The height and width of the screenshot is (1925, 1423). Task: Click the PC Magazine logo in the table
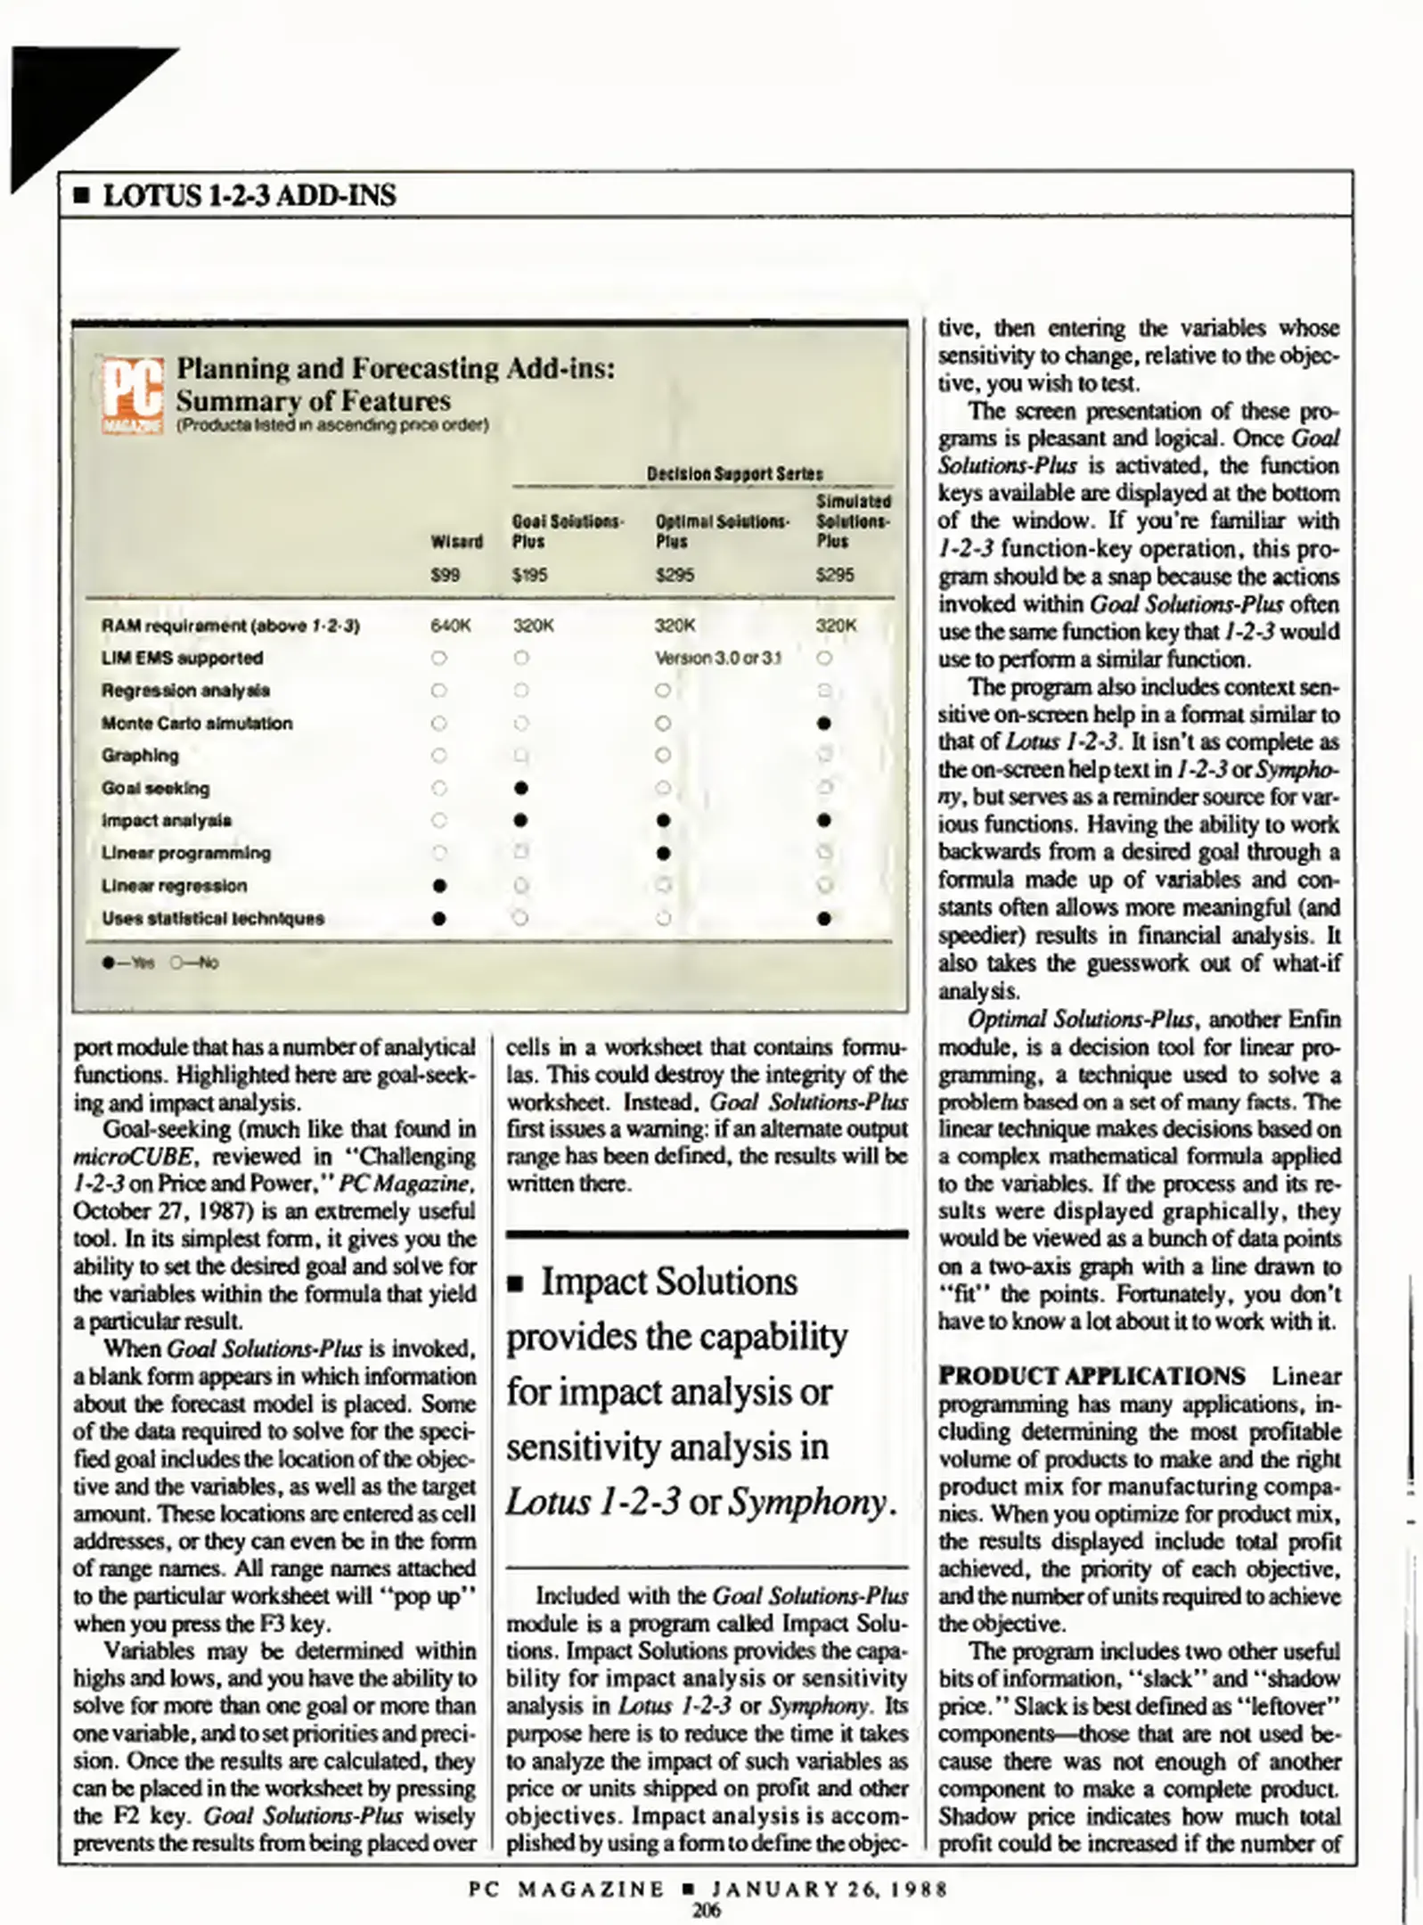pyautogui.click(x=132, y=395)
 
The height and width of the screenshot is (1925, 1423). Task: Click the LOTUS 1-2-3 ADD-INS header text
pyautogui.click(x=249, y=195)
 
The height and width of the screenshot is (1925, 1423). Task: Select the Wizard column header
pyautogui.click(x=456, y=542)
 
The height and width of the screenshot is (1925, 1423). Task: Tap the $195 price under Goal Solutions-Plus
pyautogui.click(x=530, y=576)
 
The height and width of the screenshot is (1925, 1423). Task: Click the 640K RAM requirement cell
pyautogui.click(x=449, y=626)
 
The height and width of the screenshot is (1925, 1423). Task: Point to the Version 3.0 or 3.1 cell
pyautogui.click(x=718, y=659)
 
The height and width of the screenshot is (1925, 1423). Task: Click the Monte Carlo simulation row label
pyautogui.click(x=196, y=723)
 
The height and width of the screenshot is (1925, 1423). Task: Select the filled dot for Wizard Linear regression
pyautogui.click(x=438, y=886)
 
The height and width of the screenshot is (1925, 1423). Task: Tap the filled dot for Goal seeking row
pyautogui.click(x=521, y=788)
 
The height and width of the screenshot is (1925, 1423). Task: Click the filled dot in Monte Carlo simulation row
pyautogui.click(x=824, y=723)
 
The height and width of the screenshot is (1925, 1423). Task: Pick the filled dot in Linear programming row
pyautogui.click(x=662, y=853)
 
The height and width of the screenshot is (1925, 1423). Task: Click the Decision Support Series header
pyautogui.click(x=734, y=474)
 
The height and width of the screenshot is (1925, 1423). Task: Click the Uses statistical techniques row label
pyautogui.click(x=212, y=918)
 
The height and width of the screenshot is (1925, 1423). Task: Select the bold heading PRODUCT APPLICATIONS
pyautogui.click(x=1092, y=1376)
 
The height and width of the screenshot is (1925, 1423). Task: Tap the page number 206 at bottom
pyautogui.click(x=707, y=1909)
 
